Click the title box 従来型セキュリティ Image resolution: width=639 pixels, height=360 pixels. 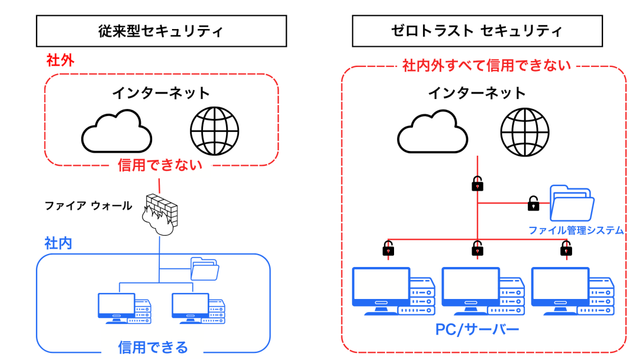pyautogui.click(x=161, y=31)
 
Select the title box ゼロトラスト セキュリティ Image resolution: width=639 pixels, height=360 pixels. pyautogui.click(x=477, y=31)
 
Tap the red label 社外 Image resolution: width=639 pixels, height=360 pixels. pyautogui.click(x=60, y=60)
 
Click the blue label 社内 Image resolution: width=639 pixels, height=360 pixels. pyautogui.click(x=58, y=243)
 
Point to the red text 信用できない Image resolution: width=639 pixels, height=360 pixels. pyautogui.click(x=160, y=165)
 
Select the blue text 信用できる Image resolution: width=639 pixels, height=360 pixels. pyautogui.click(x=153, y=346)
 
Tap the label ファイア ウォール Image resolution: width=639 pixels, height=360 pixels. pyautogui.click(x=88, y=206)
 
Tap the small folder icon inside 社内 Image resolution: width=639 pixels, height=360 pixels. pyautogui.click(x=205, y=269)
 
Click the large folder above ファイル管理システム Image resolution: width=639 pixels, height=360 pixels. pyautogui.click(x=572, y=202)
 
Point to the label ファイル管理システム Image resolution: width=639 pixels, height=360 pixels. pyautogui.click(x=576, y=230)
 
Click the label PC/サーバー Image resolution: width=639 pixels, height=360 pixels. pyautogui.click(x=477, y=329)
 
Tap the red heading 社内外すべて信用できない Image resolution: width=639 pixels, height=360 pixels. pyautogui.click(x=486, y=65)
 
